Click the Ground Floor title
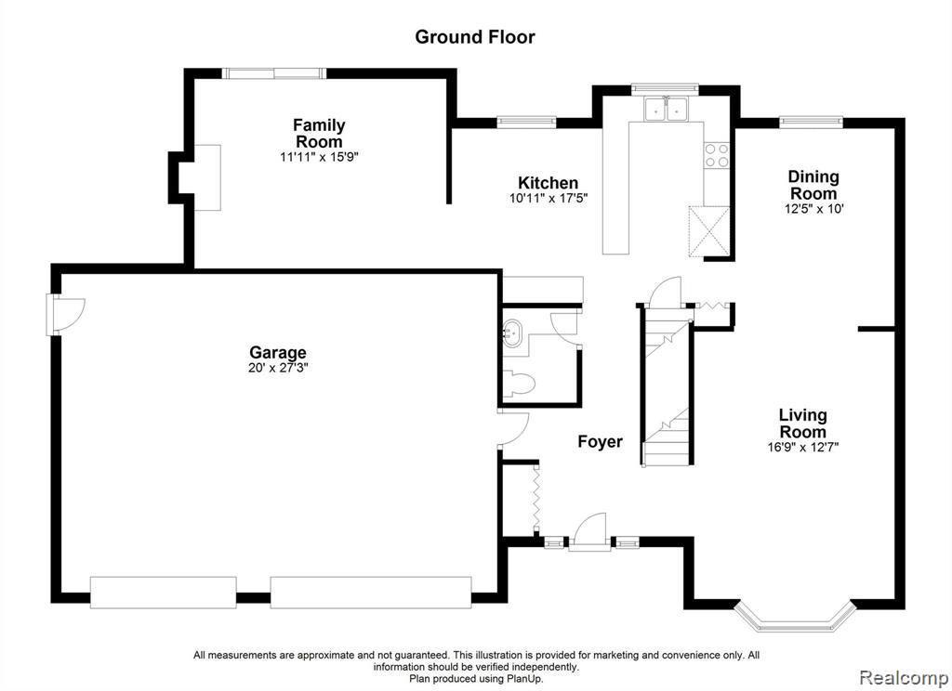475,37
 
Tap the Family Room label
319,134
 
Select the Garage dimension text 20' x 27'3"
278,368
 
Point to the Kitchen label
548,183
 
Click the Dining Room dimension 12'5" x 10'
813,209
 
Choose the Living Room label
802,424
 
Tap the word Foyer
600,442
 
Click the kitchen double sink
666,110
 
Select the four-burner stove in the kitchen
717,155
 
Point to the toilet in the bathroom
519,383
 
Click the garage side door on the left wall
64,315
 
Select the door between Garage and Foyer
512,429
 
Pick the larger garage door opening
370,593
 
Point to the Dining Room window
811,122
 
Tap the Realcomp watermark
904,677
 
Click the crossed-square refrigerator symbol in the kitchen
708,231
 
